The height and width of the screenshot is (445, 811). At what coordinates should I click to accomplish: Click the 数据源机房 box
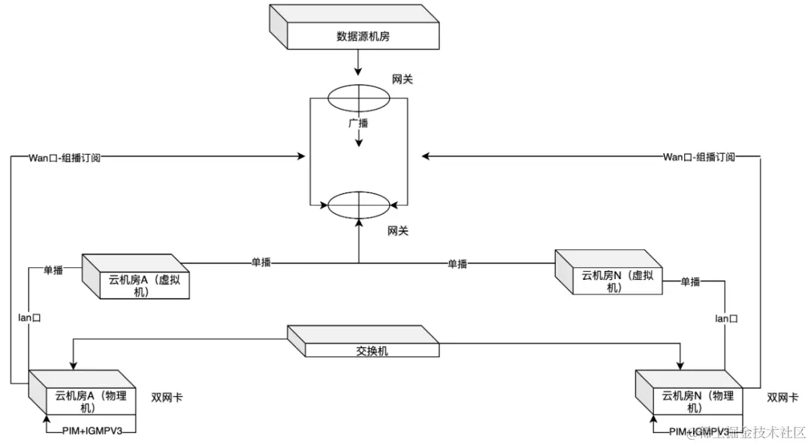tap(363, 36)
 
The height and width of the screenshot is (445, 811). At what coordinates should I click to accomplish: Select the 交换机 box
tap(372, 350)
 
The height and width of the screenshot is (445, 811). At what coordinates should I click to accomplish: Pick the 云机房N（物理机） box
tap(697, 401)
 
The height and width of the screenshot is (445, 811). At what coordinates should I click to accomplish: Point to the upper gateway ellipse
tap(359, 98)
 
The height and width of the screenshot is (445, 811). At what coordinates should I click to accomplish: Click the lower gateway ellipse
tap(359, 205)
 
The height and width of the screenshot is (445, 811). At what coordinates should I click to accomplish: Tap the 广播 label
tap(357, 122)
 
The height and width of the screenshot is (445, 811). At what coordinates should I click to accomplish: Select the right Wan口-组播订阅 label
tap(698, 157)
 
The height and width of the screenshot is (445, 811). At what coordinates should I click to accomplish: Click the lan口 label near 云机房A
tap(29, 317)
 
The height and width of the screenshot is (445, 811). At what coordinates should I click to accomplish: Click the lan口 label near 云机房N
tap(725, 319)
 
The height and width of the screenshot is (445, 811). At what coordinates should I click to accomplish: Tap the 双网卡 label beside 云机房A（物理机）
tap(167, 398)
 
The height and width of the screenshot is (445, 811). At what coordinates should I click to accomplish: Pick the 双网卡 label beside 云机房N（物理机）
tap(782, 398)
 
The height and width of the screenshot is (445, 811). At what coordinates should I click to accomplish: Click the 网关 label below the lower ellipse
tap(398, 231)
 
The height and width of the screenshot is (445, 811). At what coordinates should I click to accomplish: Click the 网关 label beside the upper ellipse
tap(402, 80)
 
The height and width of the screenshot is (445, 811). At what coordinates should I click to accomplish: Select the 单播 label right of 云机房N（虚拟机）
tap(690, 281)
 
